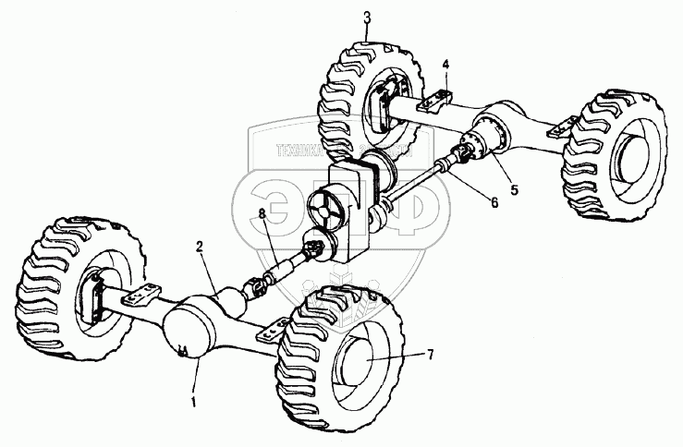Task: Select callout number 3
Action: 367,17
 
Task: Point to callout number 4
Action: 445,65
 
